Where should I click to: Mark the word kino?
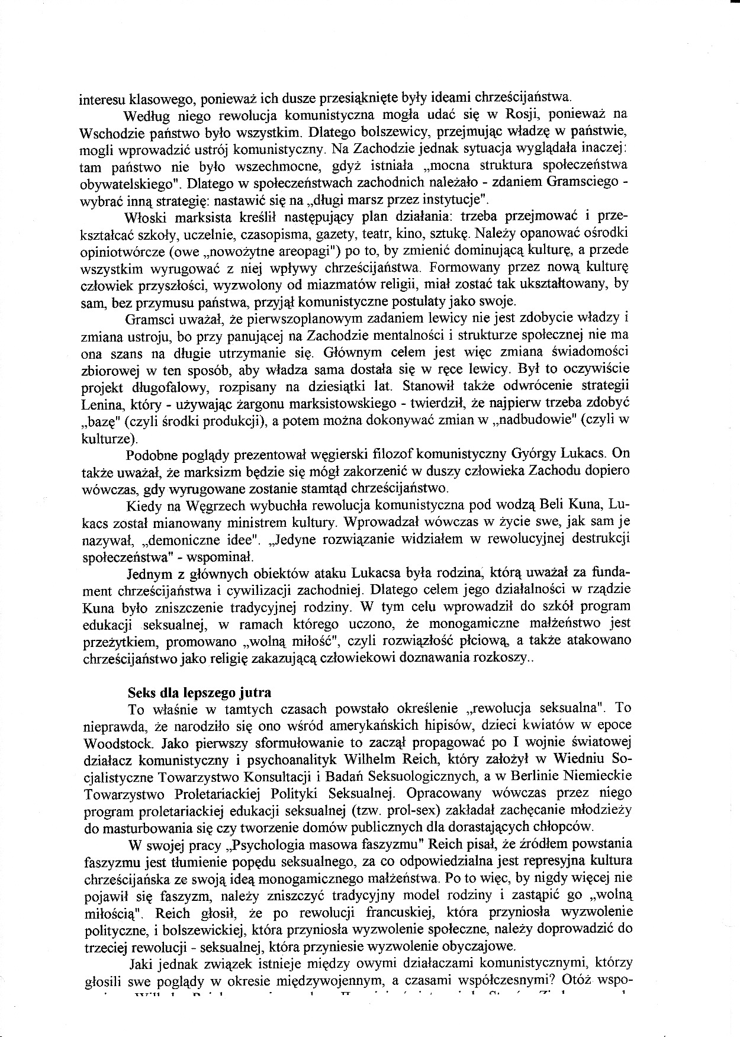(409, 233)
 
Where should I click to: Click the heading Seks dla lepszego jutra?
(200, 693)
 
